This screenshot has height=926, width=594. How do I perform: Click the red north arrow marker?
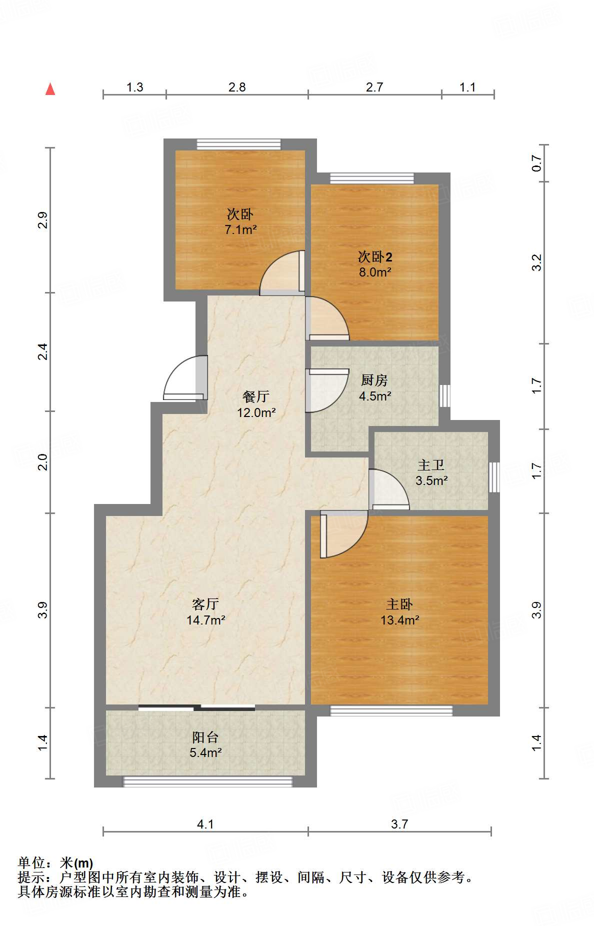[50, 89]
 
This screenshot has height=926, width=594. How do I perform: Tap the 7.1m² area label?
[240, 230]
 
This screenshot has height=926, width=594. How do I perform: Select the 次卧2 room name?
[375, 257]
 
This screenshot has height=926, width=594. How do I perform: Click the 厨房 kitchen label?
[374, 380]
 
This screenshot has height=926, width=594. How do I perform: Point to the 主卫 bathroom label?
[431, 465]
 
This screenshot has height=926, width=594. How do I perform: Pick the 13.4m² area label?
[399, 620]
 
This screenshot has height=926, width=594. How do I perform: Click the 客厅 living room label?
[205, 604]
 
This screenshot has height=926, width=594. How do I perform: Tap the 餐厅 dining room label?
[256, 397]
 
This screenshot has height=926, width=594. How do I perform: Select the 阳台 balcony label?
[205, 737]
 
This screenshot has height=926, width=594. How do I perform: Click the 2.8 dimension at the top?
[237, 87]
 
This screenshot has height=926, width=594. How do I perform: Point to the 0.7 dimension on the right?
[536, 163]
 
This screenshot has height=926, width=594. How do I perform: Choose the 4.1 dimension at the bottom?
[205, 824]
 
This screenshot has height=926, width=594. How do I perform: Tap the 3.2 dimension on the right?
[536, 262]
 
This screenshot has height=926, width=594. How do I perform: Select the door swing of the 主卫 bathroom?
[389, 489]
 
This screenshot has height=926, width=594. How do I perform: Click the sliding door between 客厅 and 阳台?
[196, 707]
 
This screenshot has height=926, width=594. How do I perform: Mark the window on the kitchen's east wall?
[444, 395]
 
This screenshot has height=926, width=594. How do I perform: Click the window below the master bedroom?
[391, 710]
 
